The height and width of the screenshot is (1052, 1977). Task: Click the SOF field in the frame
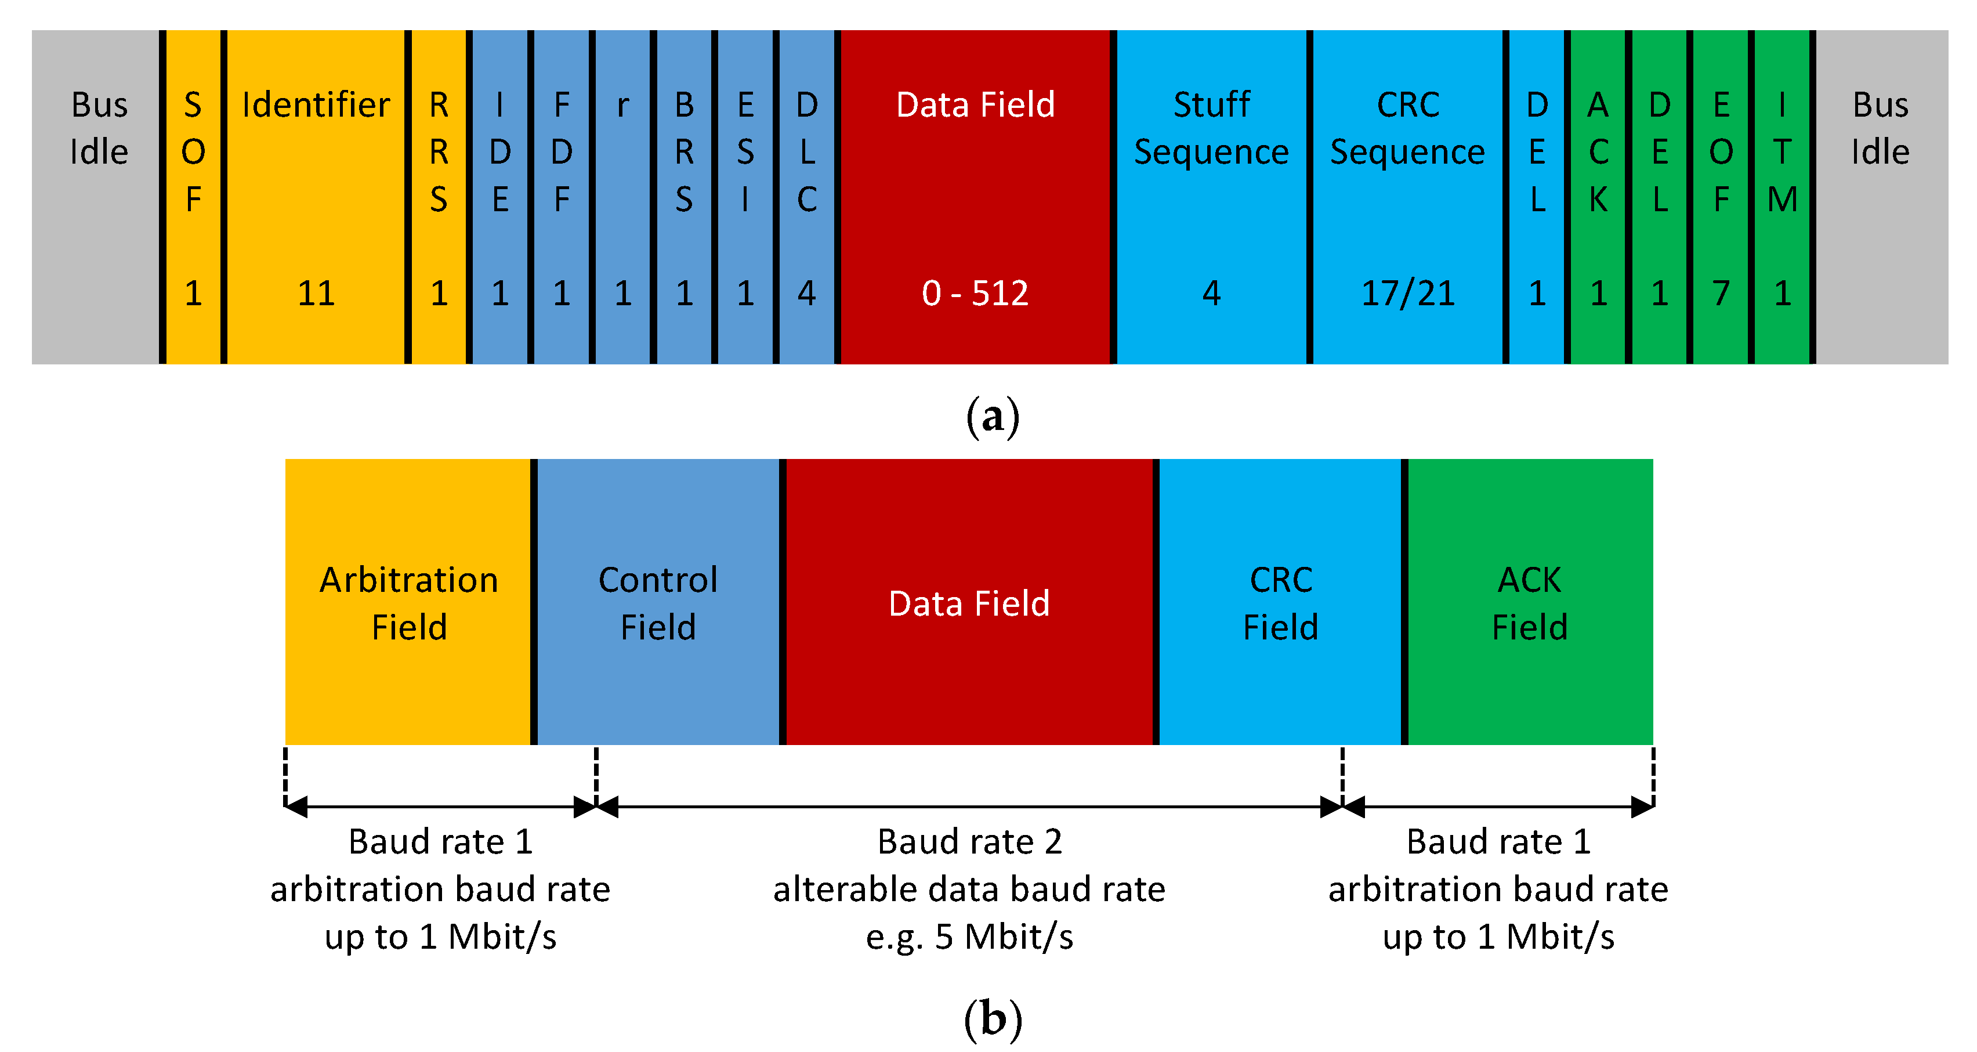point(193,197)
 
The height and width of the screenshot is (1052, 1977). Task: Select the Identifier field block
point(316,197)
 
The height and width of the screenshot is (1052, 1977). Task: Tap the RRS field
point(438,197)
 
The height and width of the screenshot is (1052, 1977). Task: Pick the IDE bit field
point(499,197)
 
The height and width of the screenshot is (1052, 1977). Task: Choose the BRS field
point(684,197)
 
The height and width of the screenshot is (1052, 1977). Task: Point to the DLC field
point(806,197)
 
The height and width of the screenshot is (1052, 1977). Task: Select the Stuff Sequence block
point(1211,197)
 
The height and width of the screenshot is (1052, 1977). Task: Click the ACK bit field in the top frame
point(1598,197)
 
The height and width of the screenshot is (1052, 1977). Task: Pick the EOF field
point(1721,197)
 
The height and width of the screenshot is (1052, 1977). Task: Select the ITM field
point(1782,197)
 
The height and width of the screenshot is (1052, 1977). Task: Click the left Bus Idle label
point(99,128)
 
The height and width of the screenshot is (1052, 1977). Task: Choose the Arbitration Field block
point(408,602)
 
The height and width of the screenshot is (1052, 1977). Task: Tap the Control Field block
point(658,602)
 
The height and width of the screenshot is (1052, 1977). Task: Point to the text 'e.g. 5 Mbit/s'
point(969,937)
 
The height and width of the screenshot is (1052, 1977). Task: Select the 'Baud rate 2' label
point(969,841)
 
